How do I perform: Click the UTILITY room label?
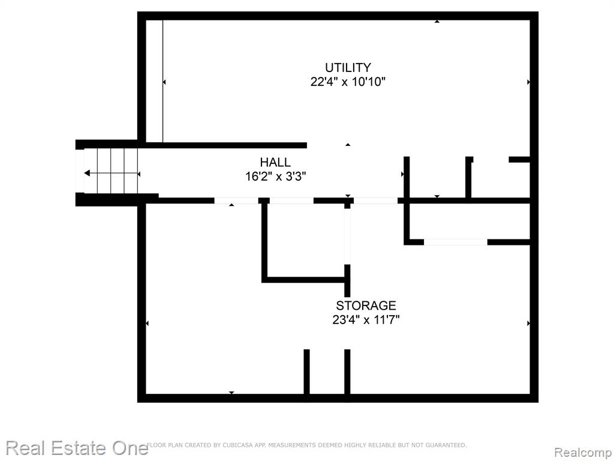pos(348,67)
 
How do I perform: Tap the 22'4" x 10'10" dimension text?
pos(348,82)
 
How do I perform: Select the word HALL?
pos(275,162)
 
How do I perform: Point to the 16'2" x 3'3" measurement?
pos(275,176)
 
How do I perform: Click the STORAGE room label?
pos(366,306)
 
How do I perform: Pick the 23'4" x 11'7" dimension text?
pos(366,320)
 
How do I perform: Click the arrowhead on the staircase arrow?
pos(87,173)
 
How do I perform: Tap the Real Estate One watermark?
pos(77,448)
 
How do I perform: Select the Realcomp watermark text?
pos(583,452)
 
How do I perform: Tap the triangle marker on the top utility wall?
pos(437,21)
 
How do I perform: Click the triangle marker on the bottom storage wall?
pos(231,393)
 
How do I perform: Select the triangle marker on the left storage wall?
pos(148,323)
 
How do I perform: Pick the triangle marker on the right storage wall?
pos(529,323)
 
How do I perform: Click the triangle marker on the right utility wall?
pos(529,82)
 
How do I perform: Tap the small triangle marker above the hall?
pos(348,145)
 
